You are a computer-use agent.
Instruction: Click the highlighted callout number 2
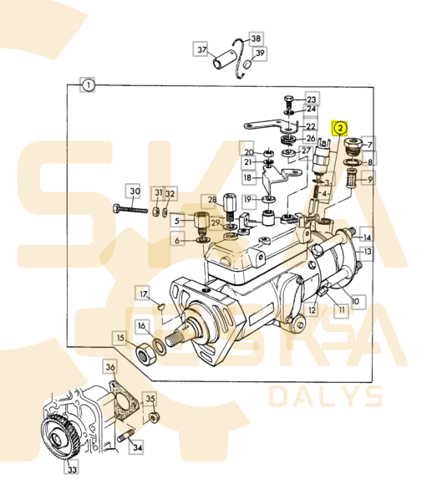340,128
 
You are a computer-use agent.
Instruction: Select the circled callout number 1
88,84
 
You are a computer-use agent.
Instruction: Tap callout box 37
201,50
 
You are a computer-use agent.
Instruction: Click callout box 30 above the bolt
134,191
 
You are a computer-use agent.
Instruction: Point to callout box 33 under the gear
72,471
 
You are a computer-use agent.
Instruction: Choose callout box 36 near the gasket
110,367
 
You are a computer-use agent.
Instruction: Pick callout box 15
121,338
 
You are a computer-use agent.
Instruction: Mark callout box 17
144,294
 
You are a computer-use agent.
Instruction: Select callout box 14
368,237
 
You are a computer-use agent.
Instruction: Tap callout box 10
354,300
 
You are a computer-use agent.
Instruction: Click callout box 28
211,201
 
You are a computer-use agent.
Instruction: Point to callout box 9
370,177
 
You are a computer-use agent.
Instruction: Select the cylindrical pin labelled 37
226,61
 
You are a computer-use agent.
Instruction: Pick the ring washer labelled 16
160,344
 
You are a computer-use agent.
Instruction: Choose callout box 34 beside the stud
136,448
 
